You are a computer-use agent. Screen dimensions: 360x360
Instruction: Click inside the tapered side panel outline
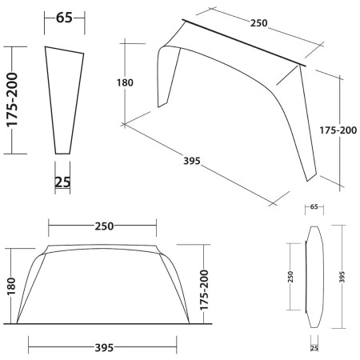point(64,96)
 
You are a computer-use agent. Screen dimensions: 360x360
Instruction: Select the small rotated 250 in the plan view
point(291,276)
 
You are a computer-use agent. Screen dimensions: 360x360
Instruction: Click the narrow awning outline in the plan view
point(314,276)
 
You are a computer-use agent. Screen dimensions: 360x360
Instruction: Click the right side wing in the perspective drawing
point(308,128)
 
